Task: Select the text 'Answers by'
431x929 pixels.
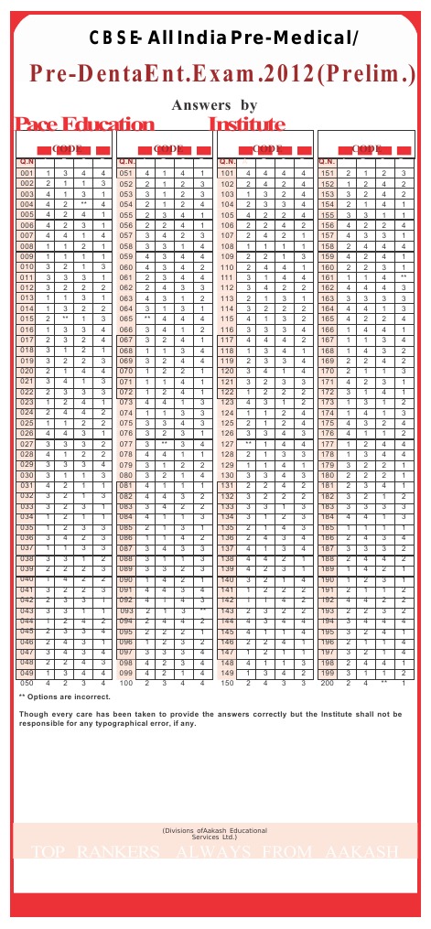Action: coord(215,105)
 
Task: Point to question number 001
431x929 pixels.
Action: coord(27,173)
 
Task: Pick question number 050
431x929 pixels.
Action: coord(27,683)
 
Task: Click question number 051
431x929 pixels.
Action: coord(127,173)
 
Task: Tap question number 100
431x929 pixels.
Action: coord(127,683)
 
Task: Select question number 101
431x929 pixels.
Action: coord(228,173)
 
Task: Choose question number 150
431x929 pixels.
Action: coord(228,683)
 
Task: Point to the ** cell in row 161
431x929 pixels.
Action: coord(403,276)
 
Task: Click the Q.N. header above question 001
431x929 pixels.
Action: coord(27,161)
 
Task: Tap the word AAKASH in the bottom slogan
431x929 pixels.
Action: coord(361,853)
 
